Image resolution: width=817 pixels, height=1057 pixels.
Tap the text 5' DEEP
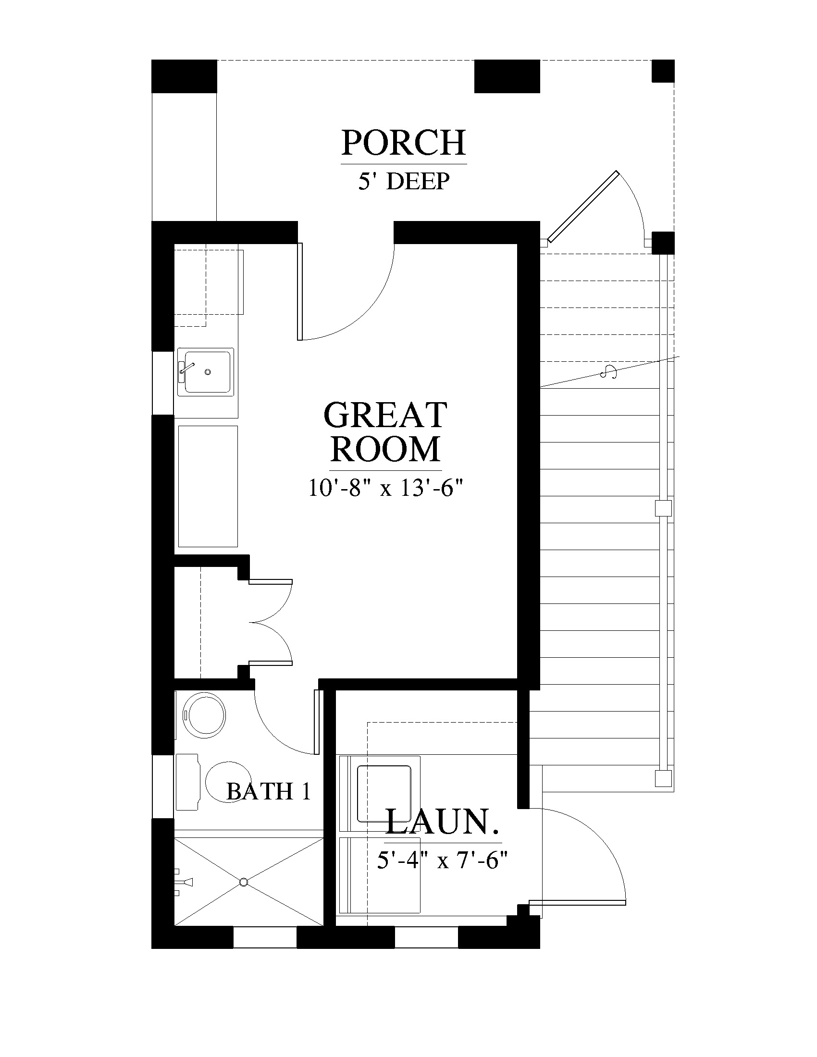click(404, 181)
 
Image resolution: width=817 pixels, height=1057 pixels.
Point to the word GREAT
click(385, 415)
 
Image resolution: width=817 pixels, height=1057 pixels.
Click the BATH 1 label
click(268, 791)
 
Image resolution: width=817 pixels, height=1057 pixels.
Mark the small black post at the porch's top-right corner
click(663, 71)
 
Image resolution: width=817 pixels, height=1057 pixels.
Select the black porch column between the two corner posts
click(507, 76)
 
